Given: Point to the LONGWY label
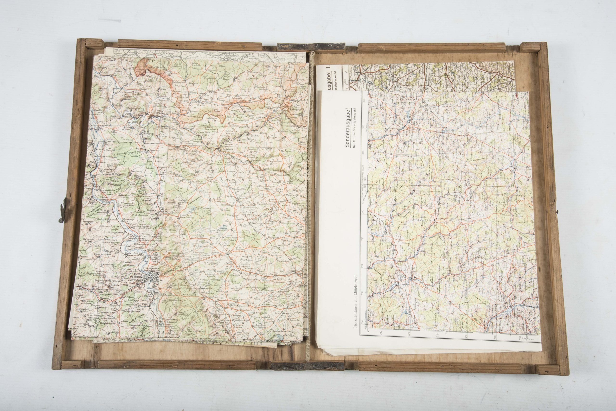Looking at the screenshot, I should (259, 118).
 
